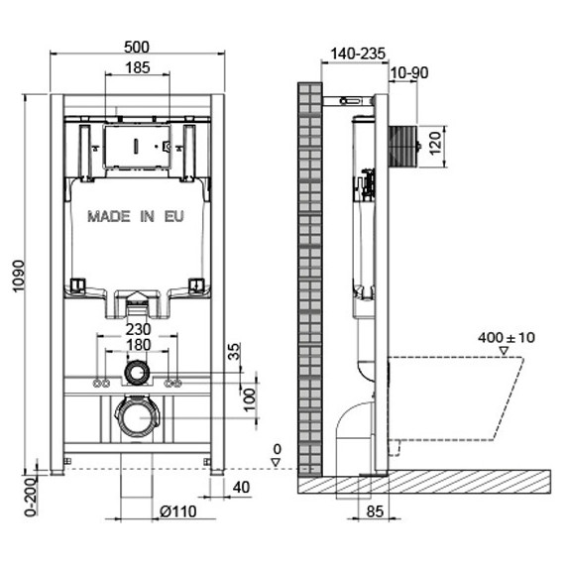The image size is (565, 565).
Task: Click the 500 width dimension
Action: [136, 48]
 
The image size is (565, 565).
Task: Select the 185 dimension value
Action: [138, 67]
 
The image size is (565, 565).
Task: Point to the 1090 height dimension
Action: [19, 277]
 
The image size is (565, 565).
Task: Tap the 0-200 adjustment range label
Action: [31, 497]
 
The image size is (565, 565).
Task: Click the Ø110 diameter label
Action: [178, 511]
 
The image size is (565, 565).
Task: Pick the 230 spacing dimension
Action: [138, 329]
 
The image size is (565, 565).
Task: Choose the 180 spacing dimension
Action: [138, 345]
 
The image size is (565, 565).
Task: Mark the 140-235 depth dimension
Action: [358, 54]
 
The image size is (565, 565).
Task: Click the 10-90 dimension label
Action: [409, 72]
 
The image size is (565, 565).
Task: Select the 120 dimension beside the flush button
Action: [435, 143]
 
